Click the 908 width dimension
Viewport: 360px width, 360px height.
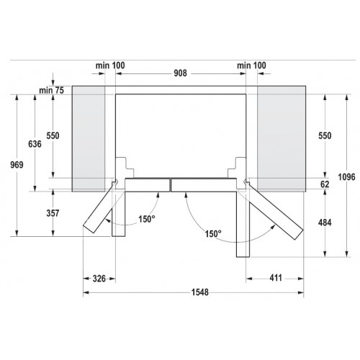pos(180,73)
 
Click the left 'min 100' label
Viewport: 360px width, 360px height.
pos(109,66)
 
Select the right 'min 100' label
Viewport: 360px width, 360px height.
pos(251,66)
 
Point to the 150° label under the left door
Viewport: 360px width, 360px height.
pos(147,220)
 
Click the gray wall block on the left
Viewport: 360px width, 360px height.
pos(93,137)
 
